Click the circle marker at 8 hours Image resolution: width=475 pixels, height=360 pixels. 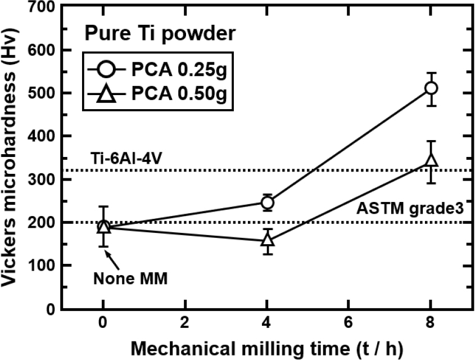click(x=431, y=88)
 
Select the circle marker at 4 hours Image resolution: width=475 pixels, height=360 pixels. click(x=268, y=202)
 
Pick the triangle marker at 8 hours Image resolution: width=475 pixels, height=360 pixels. click(x=431, y=160)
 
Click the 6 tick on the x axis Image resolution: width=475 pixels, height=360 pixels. click(x=349, y=325)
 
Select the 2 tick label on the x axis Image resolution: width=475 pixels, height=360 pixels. click(x=185, y=325)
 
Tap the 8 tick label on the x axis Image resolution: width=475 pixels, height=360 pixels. click(x=431, y=325)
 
